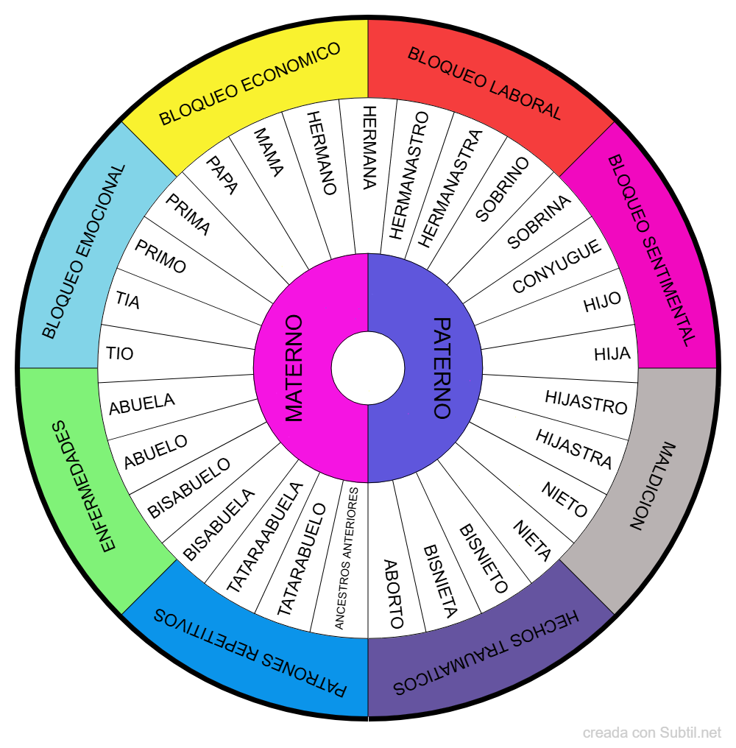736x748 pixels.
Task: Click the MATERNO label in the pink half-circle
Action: pos(294,368)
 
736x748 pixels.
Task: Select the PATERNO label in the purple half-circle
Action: pos(442,368)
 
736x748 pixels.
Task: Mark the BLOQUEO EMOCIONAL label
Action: pos(83,250)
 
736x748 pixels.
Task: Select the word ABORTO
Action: pos(394,593)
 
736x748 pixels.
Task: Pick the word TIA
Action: pos(127,300)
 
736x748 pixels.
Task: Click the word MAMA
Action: pos(268,152)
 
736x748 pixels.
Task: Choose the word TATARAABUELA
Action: pos(264,537)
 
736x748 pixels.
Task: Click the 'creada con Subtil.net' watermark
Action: pos(652,733)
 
